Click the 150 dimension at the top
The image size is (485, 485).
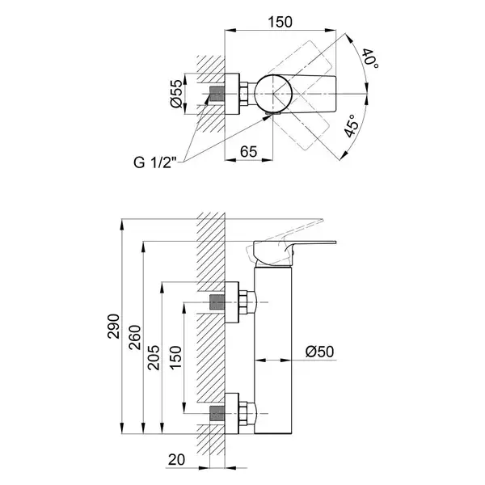[x=280, y=22]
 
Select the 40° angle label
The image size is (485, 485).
[x=371, y=58]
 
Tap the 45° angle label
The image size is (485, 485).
[x=352, y=126]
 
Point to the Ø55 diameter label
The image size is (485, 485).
[x=176, y=94]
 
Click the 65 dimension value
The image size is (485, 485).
[x=249, y=152]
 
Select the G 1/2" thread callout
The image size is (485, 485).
[x=155, y=162]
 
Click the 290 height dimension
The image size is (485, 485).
[x=113, y=327]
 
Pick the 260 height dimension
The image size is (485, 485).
[x=135, y=337]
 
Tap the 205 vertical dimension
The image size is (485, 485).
[x=154, y=357]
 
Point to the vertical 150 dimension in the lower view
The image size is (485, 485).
[x=175, y=357]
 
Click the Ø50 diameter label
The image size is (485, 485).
[x=320, y=352]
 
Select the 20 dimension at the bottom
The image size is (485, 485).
[x=176, y=460]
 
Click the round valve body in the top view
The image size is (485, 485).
[x=273, y=94]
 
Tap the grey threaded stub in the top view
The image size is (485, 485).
[x=217, y=94]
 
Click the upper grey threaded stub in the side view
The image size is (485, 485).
[x=217, y=302]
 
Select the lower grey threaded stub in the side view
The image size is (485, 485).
[x=217, y=414]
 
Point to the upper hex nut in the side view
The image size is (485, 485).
[x=243, y=302]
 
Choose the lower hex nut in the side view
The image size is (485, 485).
[x=243, y=414]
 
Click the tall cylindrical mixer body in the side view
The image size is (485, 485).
[x=273, y=350]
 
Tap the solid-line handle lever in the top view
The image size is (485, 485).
[x=312, y=94]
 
